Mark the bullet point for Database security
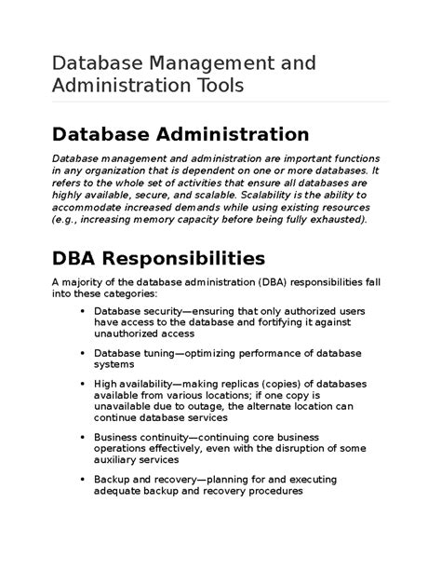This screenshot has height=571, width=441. [x=84, y=311]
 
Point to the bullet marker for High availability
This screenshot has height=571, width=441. [x=84, y=384]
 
